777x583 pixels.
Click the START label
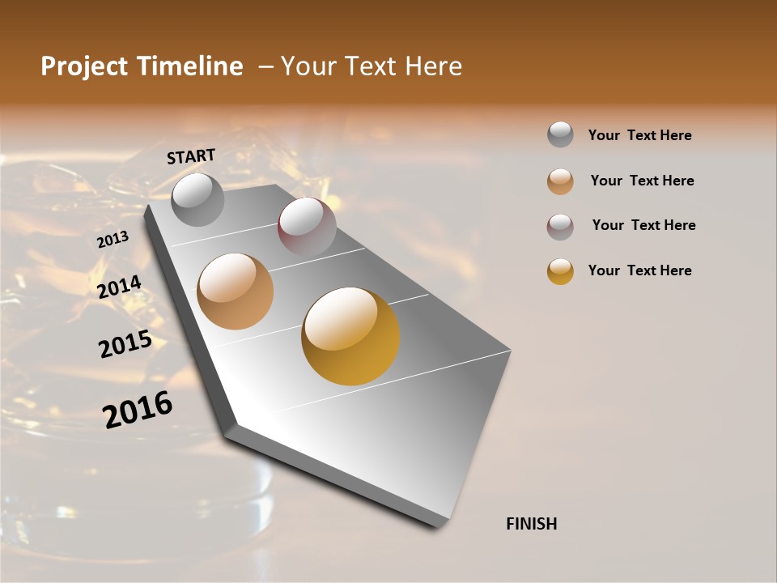pos(191,156)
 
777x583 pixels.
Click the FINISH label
pos(531,524)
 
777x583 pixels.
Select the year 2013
pos(113,240)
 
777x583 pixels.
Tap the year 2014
pos(120,287)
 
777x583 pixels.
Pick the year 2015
pos(125,344)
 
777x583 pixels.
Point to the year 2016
pos(138,409)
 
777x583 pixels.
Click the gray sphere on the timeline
pos(197,199)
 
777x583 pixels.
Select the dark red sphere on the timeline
pos(307,227)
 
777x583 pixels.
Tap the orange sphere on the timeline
pos(236,291)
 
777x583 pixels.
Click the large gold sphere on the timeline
pos(350,336)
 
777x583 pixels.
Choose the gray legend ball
pos(560,134)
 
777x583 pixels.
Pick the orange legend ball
pos(560,181)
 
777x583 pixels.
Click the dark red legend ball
pos(560,227)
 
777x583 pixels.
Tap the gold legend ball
pos(560,271)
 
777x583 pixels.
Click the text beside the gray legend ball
pos(639,135)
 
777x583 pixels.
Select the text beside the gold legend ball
pos(639,270)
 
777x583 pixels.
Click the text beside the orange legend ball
pos(642,181)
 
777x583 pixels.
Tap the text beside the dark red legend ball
pos(643,225)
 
